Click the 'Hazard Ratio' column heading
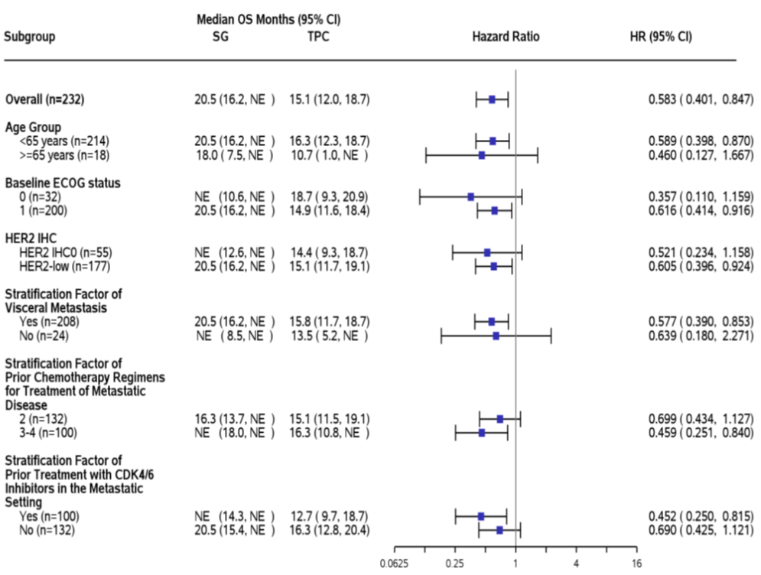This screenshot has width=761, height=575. (x=506, y=36)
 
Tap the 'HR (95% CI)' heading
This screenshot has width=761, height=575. (x=659, y=36)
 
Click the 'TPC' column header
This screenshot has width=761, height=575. (x=313, y=36)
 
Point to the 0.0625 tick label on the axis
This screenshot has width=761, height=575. (x=395, y=564)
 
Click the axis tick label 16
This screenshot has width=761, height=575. (x=636, y=564)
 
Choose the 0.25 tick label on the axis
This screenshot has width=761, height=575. (x=455, y=564)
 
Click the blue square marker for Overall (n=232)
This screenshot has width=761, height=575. (x=492, y=99)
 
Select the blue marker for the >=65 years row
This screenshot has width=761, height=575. (x=482, y=155)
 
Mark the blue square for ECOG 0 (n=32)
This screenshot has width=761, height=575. (x=471, y=197)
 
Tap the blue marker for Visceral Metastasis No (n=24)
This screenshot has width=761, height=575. (x=496, y=336)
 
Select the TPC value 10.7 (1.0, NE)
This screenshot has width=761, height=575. (x=329, y=155)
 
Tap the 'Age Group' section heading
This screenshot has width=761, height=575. (x=33, y=127)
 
